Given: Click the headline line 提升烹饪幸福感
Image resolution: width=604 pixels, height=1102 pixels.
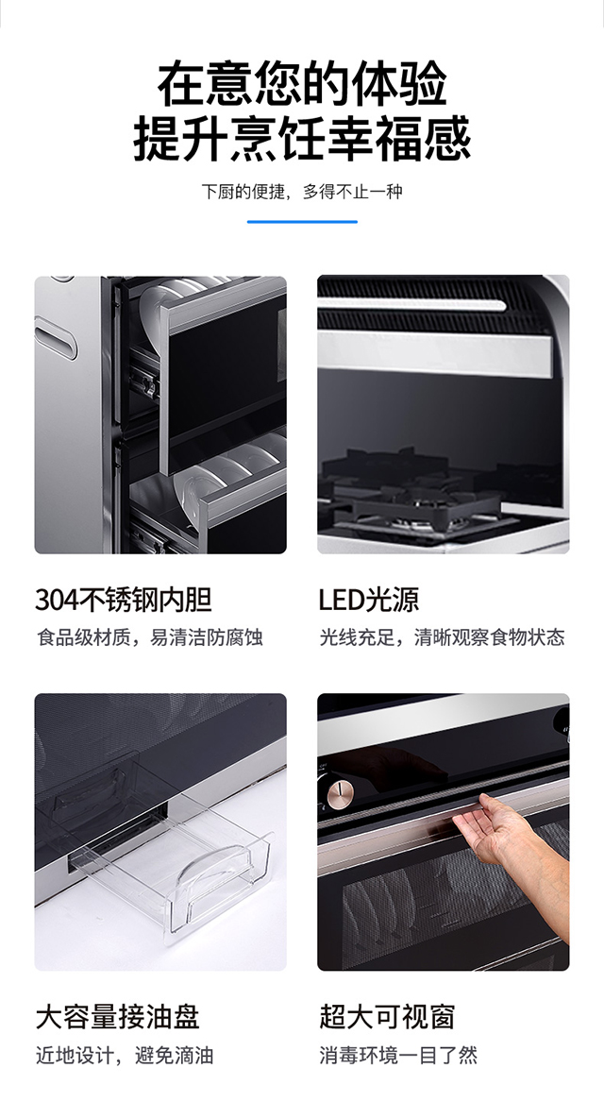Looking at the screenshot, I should click(x=302, y=139).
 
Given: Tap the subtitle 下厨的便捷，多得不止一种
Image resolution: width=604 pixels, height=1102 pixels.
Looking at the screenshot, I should click(x=302, y=192).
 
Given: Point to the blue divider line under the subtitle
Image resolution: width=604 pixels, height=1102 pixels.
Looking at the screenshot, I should click(x=302, y=222).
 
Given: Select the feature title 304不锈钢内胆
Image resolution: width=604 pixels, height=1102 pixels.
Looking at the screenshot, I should click(x=123, y=599).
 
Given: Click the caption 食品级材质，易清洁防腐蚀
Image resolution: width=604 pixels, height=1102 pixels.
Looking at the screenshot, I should click(x=149, y=637).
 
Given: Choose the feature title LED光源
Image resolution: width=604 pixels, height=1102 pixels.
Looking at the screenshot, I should click(x=368, y=599).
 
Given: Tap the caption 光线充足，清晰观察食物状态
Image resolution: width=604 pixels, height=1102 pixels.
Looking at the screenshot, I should click(x=442, y=637).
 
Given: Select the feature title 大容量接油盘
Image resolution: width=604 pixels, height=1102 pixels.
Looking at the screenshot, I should click(x=117, y=1016).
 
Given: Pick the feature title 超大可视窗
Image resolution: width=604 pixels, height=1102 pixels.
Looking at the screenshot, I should click(x=387, y=1016).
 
